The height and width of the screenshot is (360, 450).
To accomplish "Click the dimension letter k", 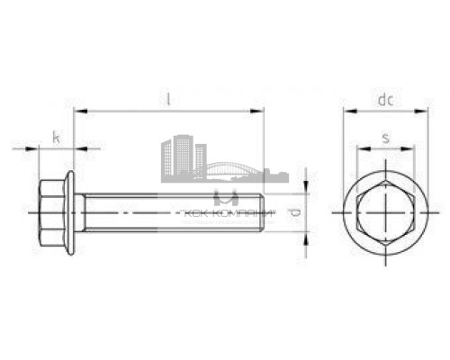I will [x=56, y=138].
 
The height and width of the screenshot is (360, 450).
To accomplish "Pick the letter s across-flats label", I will [x=385, y=137].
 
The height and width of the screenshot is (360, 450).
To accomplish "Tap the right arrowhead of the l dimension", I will [x=260, y=112].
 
